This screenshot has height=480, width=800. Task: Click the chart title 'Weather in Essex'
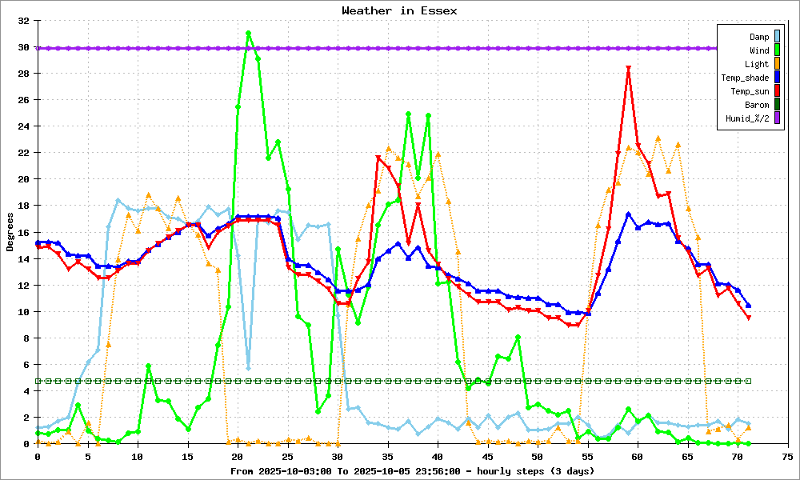(x=399, y=10)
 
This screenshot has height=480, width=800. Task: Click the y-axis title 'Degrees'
(x=10, y=232)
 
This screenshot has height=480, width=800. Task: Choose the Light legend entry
(x=757, y=64)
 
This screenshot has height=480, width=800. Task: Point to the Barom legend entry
(x=757, y=105)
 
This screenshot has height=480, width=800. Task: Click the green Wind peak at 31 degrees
(x=248, y=34)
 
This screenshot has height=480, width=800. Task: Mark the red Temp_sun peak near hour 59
(x=629, y=68)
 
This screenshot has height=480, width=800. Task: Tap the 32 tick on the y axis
(x=24, y=21)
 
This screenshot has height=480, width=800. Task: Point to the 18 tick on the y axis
(x=24, y=206)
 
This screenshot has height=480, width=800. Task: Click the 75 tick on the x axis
(x=787, y=456)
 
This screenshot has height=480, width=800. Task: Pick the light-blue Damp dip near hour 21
(x=248, y=368)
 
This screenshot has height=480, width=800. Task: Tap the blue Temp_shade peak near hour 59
(x=629, y=214)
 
